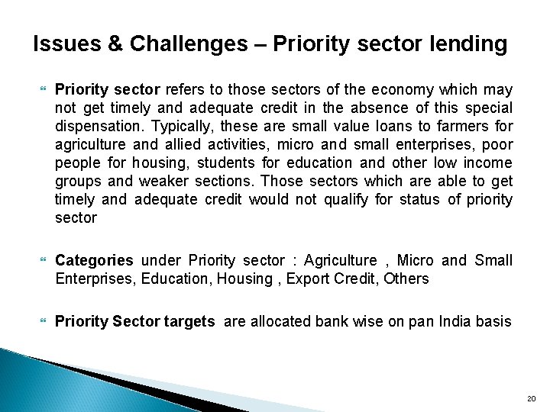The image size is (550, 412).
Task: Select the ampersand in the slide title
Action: pos(117,44)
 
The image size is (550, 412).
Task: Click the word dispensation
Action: pos(99,125)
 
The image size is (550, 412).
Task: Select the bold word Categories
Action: pos(94,261)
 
